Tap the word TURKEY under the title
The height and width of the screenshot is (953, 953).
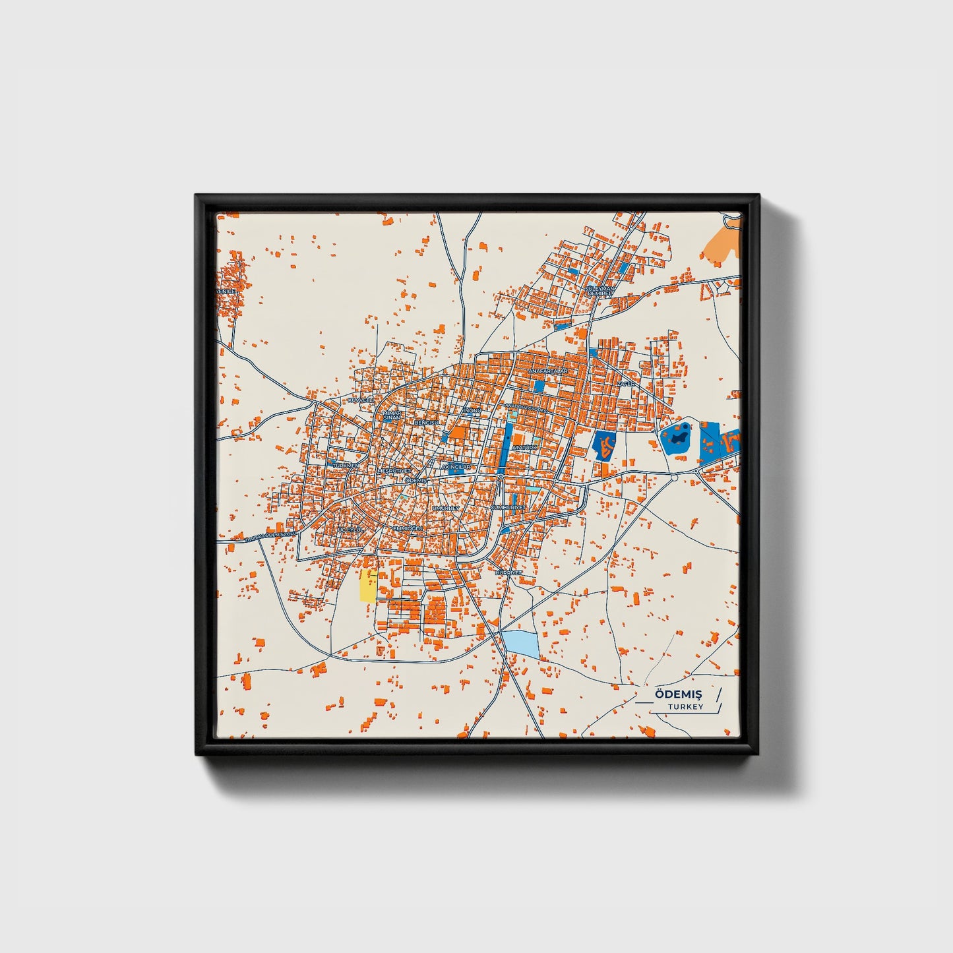[685, 706]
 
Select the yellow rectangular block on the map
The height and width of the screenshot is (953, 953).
[367, 586]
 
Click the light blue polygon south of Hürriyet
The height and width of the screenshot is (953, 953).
[520, 643]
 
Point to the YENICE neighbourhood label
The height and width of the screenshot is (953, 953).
[226, 292]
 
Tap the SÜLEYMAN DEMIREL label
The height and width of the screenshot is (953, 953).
[599, 291]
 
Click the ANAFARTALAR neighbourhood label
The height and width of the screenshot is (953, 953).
[547, 372]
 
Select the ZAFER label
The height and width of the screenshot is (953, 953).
[626, 383]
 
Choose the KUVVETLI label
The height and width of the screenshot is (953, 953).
[360, 400]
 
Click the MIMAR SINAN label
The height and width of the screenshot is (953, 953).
[392, 415]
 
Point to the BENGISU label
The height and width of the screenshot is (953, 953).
[426, 421]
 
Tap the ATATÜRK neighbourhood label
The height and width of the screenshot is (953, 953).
[525, 447]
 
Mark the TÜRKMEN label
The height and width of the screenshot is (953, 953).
[346, 465]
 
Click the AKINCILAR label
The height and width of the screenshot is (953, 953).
[456, 466]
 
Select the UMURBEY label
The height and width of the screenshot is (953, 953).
[446, 508]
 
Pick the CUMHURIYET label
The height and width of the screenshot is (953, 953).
[508, 507]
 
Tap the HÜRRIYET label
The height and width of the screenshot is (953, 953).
[508, 572]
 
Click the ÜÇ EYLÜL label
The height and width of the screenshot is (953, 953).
[350, 530]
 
